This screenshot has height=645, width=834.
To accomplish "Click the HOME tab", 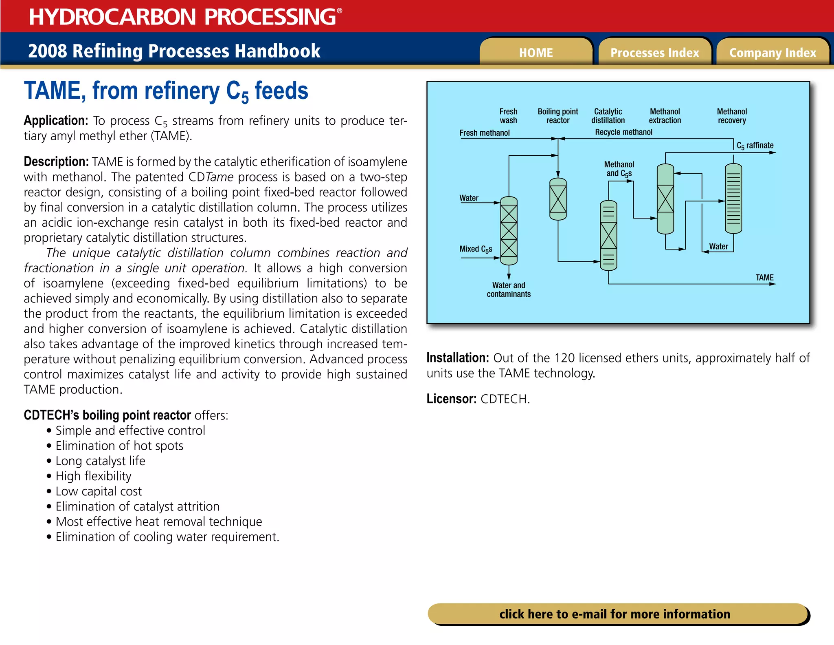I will pyautogui.click(x=536, y=53).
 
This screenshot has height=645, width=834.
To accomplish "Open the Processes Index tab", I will pyautogui.click(x=654, y=53).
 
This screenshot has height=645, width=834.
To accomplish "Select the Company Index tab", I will pyautogui.click(x=773, y=53).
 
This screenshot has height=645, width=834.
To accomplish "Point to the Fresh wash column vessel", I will pyautogui.click(x=509, y=231).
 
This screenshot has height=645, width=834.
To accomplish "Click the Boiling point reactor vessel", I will pyautogui.click(x=558, y=199).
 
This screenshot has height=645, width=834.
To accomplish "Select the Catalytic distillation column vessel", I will pyautogui.click(x=608, y=236).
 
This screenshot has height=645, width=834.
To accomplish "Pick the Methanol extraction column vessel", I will pyautogui.click(x=665, y=199).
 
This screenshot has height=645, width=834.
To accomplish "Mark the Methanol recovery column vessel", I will pyautogui.click(x=733, y=199).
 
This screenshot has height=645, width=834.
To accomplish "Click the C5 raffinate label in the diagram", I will pyautogui.click(x=755, y=146).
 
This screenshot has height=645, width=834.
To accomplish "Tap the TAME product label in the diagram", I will pyautogui.click(x=764, y=278).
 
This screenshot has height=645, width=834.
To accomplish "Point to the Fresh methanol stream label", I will pyautogui.click(x=485, y=133).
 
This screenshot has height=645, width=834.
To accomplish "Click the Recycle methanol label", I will pyautogui.click(x=623, y=132).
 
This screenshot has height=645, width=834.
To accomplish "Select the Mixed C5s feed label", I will pyautogui.click(x=476, y=249).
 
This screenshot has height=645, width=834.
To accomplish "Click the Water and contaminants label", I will pyautogui.click(x=509, y=289).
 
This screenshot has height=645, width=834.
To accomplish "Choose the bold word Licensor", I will pyautogui.click(x=451, y=399).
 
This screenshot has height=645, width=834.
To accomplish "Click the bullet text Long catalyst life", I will pyautogui.click(x=100, y=461).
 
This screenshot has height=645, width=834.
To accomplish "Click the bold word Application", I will pyautogui.click(x=56, y=121).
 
